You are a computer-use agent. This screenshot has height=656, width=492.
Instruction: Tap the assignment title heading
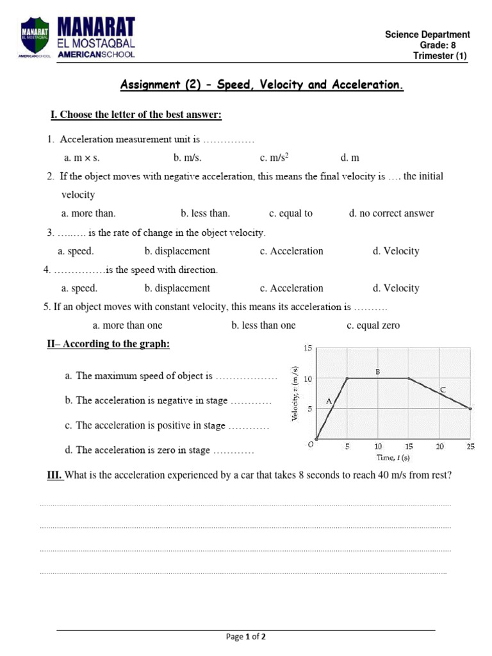tap(263, 85)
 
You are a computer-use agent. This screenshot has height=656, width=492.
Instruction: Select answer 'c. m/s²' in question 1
tap(275, 158)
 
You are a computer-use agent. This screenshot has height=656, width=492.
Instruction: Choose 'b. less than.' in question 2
tap(205, 213)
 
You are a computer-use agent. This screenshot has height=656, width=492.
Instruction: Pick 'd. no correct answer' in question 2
tap(391, 213)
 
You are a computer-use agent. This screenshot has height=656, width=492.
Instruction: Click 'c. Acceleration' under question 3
tap(291, 251)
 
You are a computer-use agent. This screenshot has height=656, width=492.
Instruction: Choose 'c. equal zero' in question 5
tap(373, 325)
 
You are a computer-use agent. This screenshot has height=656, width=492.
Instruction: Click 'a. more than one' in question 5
tap(127, 325)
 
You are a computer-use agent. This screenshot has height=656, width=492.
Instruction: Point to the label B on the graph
tap(378, 371)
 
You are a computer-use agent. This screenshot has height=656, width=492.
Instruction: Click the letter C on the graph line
tap(443, 389)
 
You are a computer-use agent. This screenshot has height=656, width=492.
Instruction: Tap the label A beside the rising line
tap(329, 401)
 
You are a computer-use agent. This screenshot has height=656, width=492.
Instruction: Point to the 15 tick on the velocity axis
tap(307, 348)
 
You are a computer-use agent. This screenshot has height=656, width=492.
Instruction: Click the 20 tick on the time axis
tap(440, 447)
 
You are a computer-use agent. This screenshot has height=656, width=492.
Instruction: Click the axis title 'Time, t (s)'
tap(393, 457)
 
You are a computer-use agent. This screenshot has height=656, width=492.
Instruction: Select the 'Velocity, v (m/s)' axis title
tap(295, 393)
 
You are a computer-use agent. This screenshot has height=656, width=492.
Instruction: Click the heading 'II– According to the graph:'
tap(108, 344)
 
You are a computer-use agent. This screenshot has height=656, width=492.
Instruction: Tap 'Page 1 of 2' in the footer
tap(246, 637)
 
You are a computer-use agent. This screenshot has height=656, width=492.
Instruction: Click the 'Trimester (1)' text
tap(440, 56)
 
